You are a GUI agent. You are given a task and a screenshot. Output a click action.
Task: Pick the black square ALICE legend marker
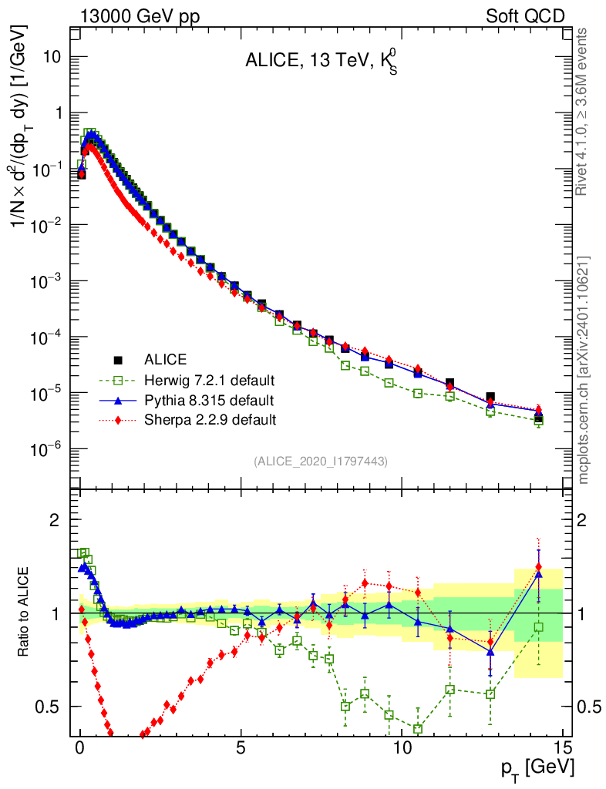coord(119,360)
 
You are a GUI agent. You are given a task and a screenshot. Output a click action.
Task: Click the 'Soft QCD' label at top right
coord(524,15)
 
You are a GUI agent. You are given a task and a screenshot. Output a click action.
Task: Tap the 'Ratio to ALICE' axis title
coord(25,612)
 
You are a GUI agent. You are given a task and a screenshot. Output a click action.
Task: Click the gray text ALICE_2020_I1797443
coord(320,462)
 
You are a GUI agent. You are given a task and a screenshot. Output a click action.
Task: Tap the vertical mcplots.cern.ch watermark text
coord(584,369)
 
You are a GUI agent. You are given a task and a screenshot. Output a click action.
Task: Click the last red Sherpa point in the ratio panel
coord(538,566)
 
